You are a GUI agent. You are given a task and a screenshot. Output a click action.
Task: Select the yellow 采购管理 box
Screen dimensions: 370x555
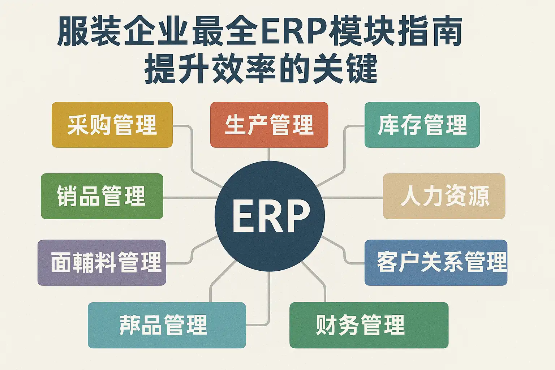[112, 125]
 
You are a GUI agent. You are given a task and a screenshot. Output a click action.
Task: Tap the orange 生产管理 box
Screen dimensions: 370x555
[269, 125]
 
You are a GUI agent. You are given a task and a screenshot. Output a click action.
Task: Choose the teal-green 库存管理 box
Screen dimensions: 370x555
[422, 125]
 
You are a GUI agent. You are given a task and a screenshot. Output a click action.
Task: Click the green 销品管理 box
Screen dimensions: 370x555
[102, 196]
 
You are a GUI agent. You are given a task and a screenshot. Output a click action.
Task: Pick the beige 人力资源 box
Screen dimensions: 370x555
[444, 196]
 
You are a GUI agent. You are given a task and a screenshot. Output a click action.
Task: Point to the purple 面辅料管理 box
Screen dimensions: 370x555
[102, 263]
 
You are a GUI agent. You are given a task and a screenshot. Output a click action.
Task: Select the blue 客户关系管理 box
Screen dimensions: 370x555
[436, 263]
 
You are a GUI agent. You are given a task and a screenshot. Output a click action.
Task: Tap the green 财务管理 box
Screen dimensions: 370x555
[369, 325]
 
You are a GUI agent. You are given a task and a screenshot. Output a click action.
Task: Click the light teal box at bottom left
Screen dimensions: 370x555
[167, 325]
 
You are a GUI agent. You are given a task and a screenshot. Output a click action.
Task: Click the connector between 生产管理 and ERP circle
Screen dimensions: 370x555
[269, 154]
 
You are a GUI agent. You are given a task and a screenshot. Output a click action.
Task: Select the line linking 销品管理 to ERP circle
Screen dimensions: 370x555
[190, 198]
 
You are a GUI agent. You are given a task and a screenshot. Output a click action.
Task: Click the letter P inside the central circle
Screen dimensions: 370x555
[297, 216]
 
